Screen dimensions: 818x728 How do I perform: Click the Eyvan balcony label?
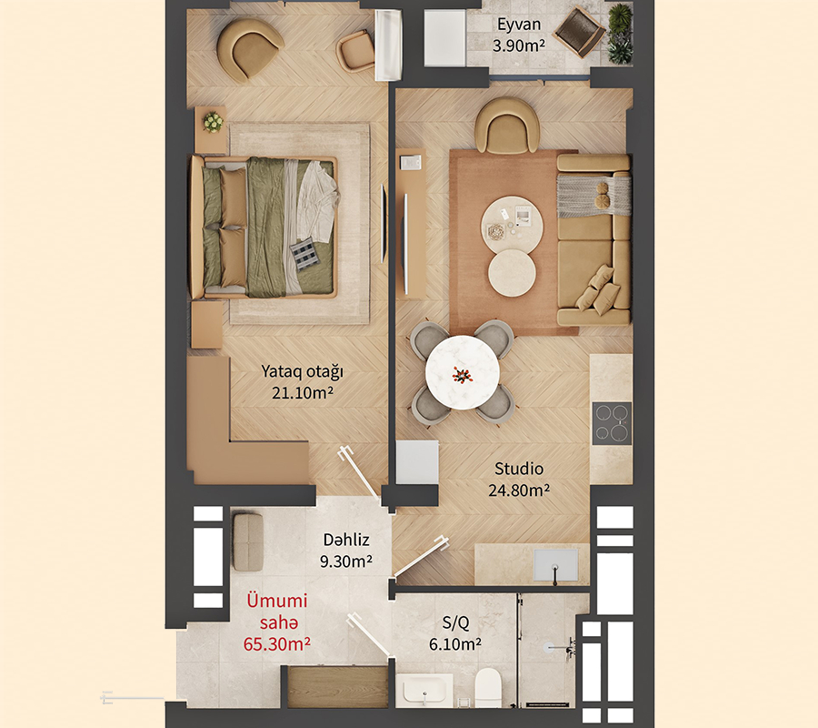tap(519, 25)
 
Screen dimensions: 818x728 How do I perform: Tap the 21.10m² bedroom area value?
tap(303, 392)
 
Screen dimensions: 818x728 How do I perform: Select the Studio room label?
tap(519, 469)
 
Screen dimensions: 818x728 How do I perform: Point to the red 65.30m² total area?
tap(277, 644)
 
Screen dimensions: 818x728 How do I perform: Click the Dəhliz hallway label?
tap(346, 540)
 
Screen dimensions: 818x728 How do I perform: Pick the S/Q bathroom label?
tap(455, 622)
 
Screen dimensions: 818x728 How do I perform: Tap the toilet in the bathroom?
tap(488, 684)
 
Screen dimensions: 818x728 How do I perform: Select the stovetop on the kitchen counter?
tap(612, 423)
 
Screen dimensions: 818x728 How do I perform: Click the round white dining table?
tap(463, 372)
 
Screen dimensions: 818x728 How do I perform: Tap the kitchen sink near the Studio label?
tap(555, 564)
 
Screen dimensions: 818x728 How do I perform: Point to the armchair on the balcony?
tap(580, 33)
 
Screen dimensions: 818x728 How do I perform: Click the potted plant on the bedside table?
tap(213, 122)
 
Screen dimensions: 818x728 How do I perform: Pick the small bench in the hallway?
tap(248, 542)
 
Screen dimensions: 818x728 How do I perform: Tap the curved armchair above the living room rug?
tap(506, 126)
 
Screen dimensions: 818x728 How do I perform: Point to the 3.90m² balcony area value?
tap(519, 45)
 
